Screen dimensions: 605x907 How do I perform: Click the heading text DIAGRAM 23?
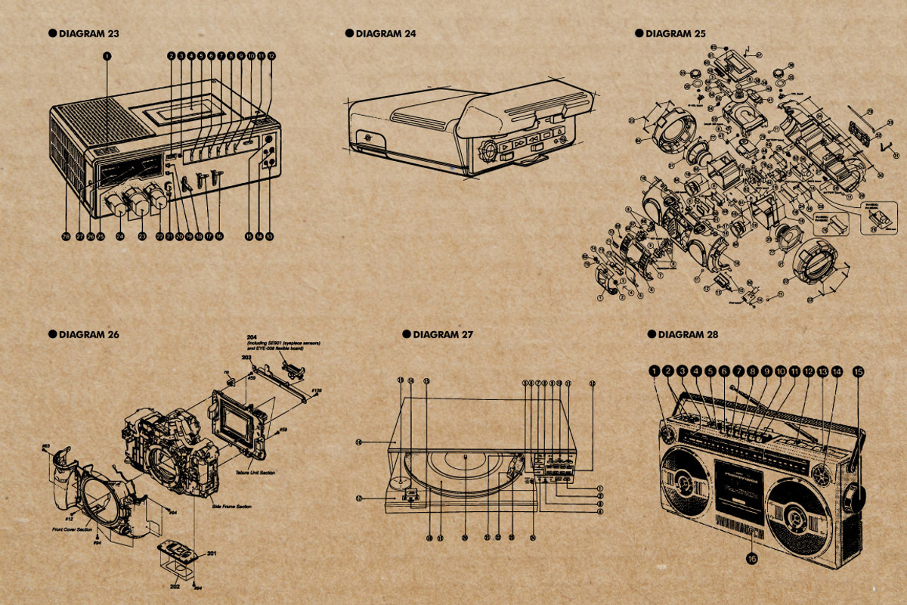pyautogui.click(x=88, y=33)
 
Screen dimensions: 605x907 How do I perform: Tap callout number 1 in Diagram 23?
pyautogui.click(x=107, y=55)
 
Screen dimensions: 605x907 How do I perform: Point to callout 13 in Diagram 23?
pyautogui.click(x=269, y=237)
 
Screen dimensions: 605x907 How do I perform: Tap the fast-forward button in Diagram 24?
pyautogui.click(x=519, y=142)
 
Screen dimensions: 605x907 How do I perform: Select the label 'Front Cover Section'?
pyautogui.click(x=67, y=529)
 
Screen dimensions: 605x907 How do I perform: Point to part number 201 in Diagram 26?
pyautogui.click(x=212, y=554)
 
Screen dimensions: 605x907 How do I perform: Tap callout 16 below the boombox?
pyautogui.click(x=751, y=559)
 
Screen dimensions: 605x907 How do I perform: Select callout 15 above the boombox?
pyautogui.click(x=858, y=371)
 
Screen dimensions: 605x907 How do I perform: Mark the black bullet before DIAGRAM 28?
pyautogui.click(x=652, y=334)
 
